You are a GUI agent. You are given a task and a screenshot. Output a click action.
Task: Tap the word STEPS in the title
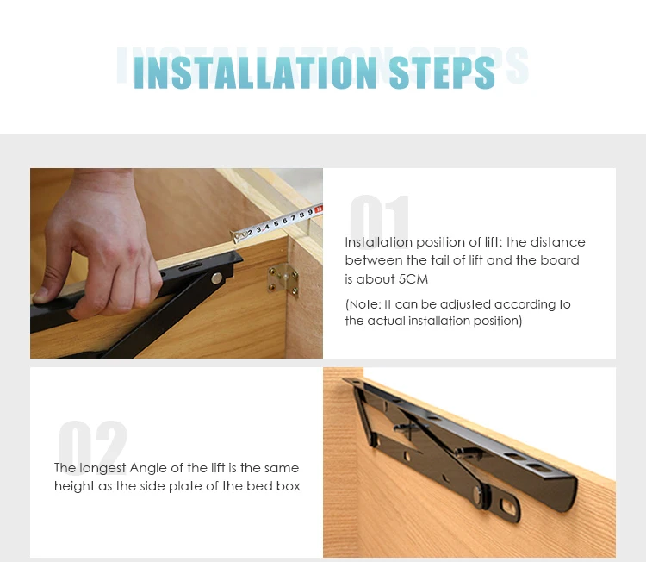tap(442, 72)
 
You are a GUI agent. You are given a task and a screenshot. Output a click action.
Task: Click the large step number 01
tap(380, 222)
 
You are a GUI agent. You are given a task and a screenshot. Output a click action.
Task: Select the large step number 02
tap(93, 447)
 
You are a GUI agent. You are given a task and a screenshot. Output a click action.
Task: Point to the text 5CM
tap(413, 279)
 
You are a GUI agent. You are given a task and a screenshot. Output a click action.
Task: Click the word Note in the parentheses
tap(363, 304)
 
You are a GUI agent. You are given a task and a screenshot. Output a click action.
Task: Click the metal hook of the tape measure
tap(239, 236)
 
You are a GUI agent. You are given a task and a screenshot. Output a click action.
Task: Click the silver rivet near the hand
tap(217, 278)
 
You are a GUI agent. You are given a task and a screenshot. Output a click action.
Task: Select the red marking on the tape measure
tap(319, 209)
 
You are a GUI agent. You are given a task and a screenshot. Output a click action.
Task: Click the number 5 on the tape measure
tap(276, 223)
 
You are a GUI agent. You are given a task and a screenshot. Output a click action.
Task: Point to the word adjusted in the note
tap(466, 305)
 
